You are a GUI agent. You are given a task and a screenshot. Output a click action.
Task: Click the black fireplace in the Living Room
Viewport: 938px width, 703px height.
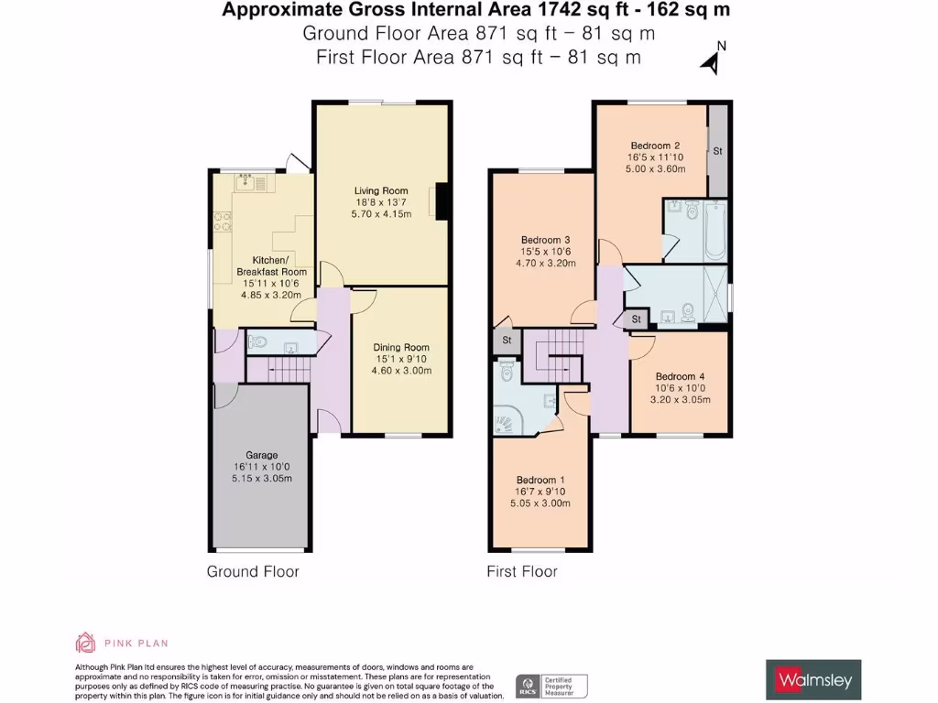click(x=442, y=202)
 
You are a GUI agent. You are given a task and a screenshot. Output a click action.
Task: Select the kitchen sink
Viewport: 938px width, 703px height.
click(x=248, y=184)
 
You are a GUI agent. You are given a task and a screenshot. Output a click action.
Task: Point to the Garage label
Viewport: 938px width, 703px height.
click(x=261, y=455)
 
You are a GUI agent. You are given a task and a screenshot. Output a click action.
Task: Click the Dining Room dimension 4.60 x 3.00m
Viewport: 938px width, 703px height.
click(x=401, y=371)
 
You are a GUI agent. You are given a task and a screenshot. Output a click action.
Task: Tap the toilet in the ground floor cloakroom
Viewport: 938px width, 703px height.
click(x=258, y=343)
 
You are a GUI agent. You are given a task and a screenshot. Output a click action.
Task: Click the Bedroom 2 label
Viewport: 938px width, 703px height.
click(x=655, y=146)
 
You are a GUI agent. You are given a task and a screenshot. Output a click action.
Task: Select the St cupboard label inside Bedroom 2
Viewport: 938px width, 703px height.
click(x=717, y=151)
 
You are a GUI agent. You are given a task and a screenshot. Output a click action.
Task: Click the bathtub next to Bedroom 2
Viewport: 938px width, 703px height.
click(x=714, y=230)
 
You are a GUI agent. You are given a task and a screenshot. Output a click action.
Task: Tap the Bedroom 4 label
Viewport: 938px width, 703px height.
click(x=680, y=376)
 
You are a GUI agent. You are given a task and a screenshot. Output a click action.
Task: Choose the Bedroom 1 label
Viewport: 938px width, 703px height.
click(x=540, y=481)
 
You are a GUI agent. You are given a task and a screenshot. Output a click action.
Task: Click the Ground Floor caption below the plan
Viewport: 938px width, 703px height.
click(x=253, y=572)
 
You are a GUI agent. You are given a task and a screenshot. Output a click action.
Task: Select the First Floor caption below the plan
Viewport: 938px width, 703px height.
click(x=521, y=572)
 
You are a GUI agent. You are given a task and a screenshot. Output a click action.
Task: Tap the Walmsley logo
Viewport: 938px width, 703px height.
click(x=813, y=680)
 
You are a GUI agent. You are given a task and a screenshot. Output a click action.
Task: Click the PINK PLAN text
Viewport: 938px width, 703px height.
click(x=135, y=644)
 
